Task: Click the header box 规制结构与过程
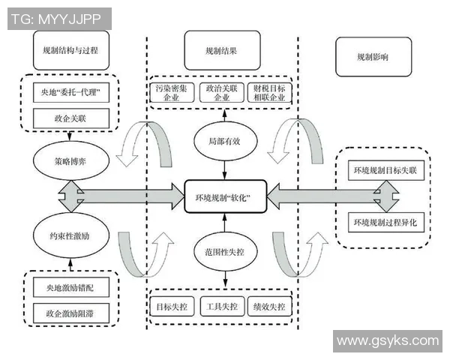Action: (x=71, y=50)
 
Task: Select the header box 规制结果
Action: (x=221, y=52)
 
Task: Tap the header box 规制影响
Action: (x=372, y=56)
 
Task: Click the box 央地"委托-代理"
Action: (x=71, y=94)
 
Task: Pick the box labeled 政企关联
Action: (x=71, y=117)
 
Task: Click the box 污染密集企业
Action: (x=173, y=93)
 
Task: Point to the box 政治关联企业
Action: (x=222, y=93)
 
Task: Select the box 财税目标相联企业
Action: (x=270, y=93)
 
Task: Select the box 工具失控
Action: (x=222, y=307)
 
